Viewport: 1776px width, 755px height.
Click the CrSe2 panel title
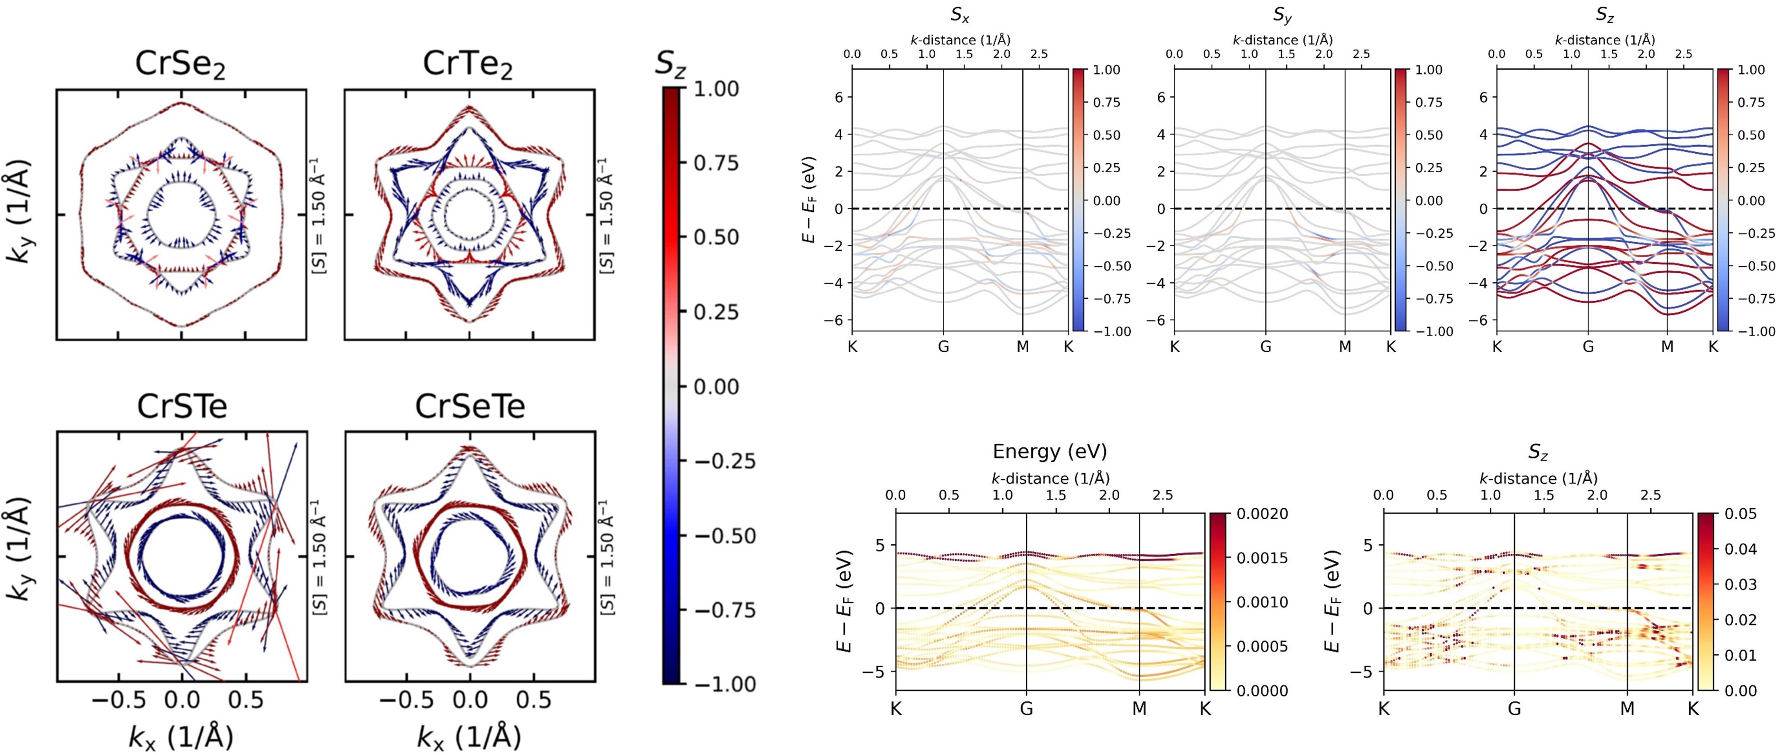[x=181, y=65]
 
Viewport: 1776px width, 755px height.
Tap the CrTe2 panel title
[x=468, y=65]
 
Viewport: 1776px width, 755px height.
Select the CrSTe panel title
[x=182, y=406]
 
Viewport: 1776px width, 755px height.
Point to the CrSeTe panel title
[x=470, y=406]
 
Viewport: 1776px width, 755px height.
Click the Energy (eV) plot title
[x=1050, y=452]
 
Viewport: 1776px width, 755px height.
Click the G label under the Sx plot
[x=943, y=347]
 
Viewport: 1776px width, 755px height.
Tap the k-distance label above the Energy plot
[x=1050, y=478]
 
